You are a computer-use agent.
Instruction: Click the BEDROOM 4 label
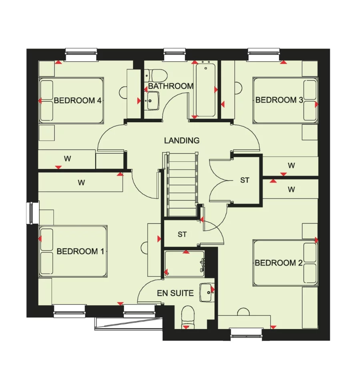tap(77, 100)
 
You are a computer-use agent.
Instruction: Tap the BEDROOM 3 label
tap(279, 100)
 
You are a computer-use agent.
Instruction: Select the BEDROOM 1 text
tap(80, 251)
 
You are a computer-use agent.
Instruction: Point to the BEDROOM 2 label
tap(278, 263)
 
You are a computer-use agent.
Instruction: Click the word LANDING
tap(181, 141)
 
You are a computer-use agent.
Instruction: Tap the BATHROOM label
tap(171, 86)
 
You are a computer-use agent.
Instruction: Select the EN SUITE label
tap(175, 293)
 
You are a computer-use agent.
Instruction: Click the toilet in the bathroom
tap(155, 74)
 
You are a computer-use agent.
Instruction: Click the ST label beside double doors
tap(244, 180)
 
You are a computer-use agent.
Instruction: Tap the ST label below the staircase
tap(182, 234)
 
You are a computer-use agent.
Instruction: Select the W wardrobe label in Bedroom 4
tap(67, 159)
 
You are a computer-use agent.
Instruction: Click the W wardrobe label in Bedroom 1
tap(81, 183)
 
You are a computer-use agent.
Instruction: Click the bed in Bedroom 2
tap(285, 263)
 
